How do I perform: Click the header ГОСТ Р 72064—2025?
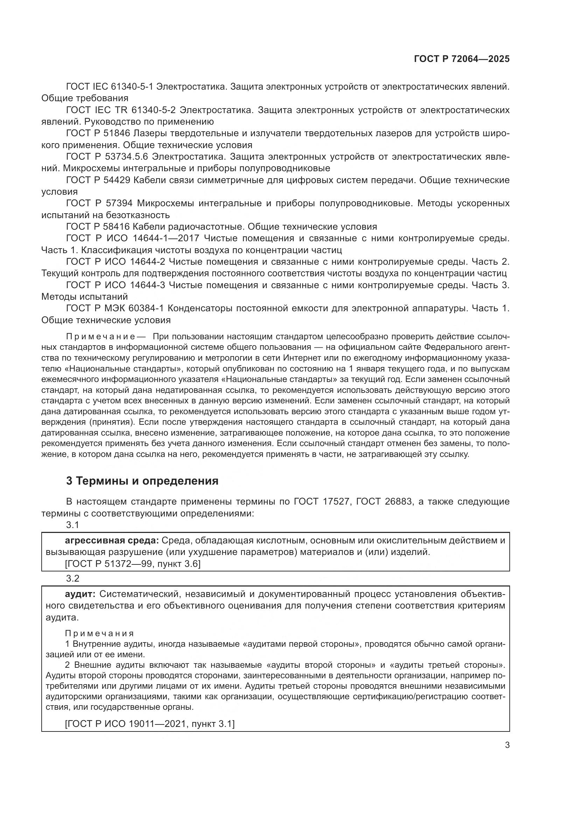click(462, 59)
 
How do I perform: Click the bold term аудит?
click(80, 594)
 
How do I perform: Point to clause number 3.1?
click(72, 525)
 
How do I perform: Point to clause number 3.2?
click(72, 578)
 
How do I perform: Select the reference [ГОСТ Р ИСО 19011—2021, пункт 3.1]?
click(150, 724)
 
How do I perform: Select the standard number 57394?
click(119, 203)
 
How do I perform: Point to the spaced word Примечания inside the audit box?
click(99, 633)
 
